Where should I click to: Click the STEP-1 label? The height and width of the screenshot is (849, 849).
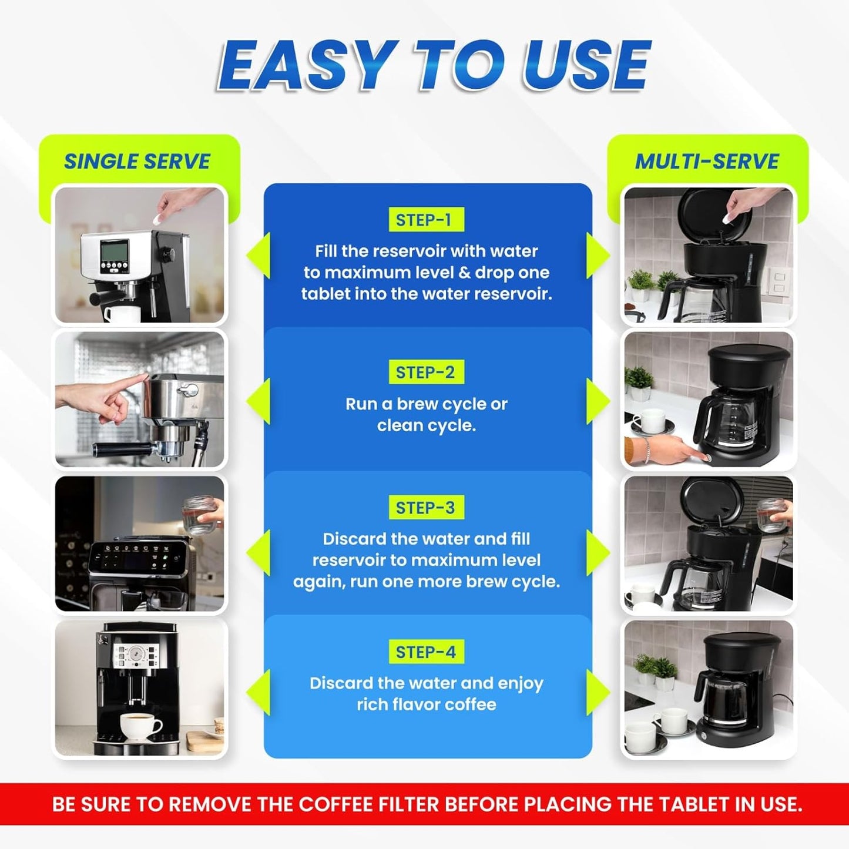pyautogui.click(x=425, y=220)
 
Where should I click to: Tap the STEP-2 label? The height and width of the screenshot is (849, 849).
pyautogui.click(x=425, y=372)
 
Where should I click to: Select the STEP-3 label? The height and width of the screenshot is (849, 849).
pyautogui.click(x=425, y=508)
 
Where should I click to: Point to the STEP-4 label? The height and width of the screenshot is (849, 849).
pyautogui.click(x=425, y=652)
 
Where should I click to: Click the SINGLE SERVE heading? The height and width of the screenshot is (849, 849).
pyautogui.click(x=137, y=162)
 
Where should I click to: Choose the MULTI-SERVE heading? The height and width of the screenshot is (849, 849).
pyautogui.click(x=707, y=162)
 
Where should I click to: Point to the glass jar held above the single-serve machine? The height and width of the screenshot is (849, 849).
pyautogui.click(x=200, y=515)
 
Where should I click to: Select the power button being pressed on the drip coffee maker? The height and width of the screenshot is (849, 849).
pyautogui.click(x=707, y=458)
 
